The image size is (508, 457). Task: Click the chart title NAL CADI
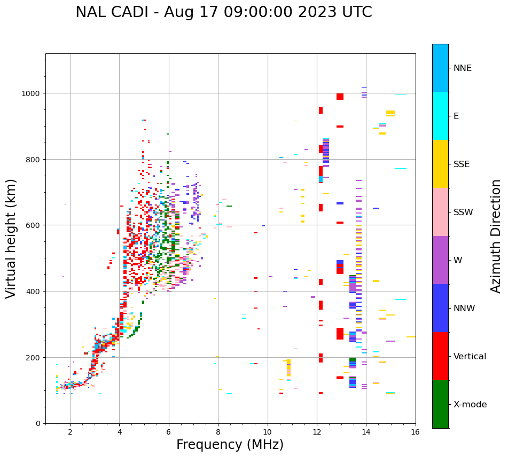[223, 12]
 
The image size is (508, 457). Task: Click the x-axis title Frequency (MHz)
[230, 445]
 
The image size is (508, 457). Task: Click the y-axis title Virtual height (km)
[12, 238]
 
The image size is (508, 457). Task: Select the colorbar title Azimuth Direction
[496, 236]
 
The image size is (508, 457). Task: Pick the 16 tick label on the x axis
[416, 433]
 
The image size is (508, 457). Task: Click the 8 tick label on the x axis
[218, 433]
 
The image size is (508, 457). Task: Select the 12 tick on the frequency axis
[317, 433]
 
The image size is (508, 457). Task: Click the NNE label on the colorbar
[463, 68]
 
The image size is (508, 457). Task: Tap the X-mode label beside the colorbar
[470, 405]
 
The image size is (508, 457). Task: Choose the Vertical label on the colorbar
[470, 357]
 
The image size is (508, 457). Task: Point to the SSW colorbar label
[463, 212]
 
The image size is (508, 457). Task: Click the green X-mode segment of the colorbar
[440, 404]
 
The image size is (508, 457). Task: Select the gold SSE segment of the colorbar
[440, 164]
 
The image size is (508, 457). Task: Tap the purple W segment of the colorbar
[440, 260]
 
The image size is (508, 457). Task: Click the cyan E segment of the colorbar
[440, 116]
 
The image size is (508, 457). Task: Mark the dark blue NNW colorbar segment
[440, 308]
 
